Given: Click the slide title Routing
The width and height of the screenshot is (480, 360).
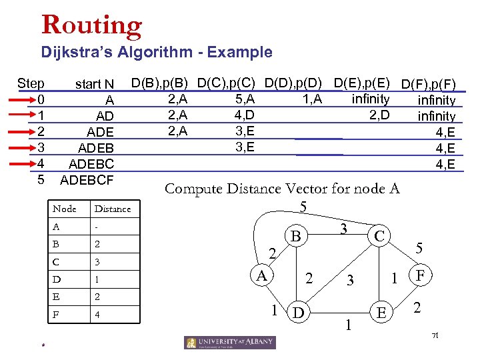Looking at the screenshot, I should tap(91, 25).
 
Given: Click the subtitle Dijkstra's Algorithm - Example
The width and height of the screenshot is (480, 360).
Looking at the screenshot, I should tap(157, 52).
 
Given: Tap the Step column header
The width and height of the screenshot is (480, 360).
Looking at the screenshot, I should tap(31, 84).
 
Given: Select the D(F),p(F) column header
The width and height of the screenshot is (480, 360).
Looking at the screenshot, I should tap(429, 85).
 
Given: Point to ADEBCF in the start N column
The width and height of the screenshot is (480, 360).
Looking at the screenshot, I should tap(87, 180).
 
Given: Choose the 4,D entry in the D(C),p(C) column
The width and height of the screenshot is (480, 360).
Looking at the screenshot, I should tap(245, 115).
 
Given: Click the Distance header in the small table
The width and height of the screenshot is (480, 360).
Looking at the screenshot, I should tap(113, 209).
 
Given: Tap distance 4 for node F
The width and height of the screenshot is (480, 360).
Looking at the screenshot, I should tap(98, 313).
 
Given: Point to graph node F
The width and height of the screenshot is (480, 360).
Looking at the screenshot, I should tap(421, 274).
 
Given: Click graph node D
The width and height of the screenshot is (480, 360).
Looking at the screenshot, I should tap(297, 311).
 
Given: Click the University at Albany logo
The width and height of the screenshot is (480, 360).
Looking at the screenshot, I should tap(229, 342).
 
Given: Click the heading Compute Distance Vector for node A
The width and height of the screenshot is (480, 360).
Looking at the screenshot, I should tap(282, 189).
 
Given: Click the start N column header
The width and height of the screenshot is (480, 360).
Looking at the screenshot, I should tap(95, 84).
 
